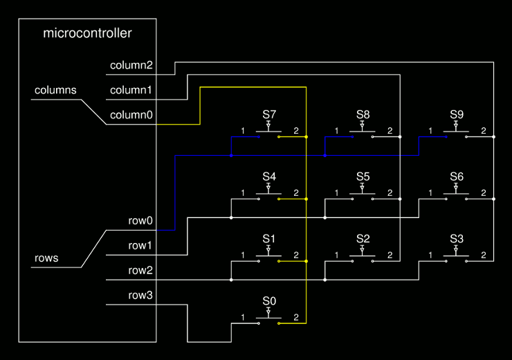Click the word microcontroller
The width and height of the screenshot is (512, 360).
click(87, 33)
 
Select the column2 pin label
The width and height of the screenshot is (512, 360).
click(131, 66)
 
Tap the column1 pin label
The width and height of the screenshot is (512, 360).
click(131, 91)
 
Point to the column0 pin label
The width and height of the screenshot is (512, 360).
click(131, 115)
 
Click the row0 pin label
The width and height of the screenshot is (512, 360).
click(140, 221)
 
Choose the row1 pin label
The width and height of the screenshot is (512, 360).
click(140, 245)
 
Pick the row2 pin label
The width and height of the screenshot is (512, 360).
click(140, 270)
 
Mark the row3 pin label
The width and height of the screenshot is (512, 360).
click(140, 295)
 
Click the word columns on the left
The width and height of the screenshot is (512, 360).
click(55, 91)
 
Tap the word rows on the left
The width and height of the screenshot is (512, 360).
click(46, 259)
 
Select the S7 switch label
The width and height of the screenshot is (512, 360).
click(269, 114)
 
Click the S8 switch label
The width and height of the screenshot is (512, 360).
click(363, 114)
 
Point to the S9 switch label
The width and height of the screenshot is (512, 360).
click(457, 114)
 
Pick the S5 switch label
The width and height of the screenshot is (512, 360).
click(363, 177)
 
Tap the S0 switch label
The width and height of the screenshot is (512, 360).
click(269, 301)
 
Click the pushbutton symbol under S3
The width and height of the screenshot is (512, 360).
click(457, 255)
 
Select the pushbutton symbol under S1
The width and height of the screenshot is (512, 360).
click(269, 255)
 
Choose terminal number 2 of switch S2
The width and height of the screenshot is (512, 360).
click(390, 255)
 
